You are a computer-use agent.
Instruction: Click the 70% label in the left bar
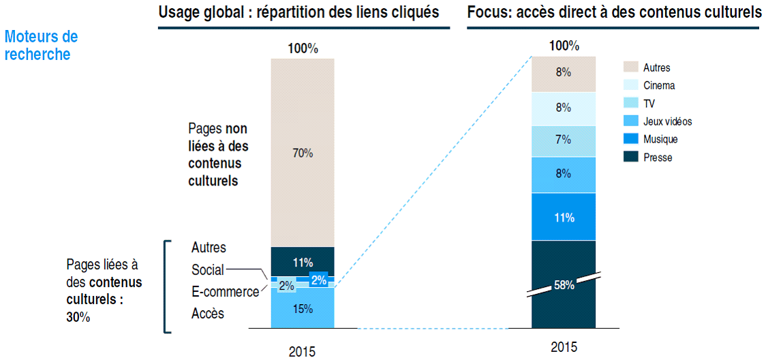point(303,153)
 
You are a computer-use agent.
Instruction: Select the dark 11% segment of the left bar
point(303,262)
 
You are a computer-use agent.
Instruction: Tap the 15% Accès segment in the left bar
point(303,309)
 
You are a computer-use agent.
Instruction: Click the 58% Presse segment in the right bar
point(564,285)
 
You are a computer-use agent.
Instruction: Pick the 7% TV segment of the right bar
point(564,140)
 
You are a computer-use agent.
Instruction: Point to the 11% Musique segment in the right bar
point(564,217)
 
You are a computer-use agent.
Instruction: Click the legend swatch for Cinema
point(630,85)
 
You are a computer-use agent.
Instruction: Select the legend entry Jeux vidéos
point(667,121)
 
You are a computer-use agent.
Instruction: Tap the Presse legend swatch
point(630,157)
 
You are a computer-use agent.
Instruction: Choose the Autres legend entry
point(656,67)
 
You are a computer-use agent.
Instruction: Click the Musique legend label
point(660,139)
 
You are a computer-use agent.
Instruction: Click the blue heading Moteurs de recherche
point(41,46)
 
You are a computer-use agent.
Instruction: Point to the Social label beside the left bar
point(207,270)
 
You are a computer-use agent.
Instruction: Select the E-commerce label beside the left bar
point(225,292)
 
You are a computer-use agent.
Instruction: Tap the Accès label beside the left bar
point(208,314)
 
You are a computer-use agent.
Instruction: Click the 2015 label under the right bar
point(564,347)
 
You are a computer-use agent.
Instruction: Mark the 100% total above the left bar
point(303,49)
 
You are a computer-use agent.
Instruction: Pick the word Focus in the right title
point(486,12)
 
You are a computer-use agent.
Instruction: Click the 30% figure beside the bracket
point(78,317)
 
